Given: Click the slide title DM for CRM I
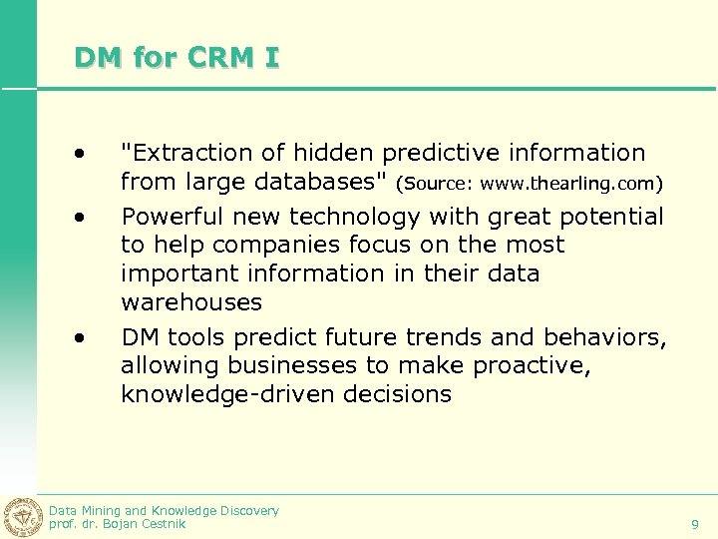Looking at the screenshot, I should point(177,58).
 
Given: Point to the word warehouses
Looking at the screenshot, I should point(191,301).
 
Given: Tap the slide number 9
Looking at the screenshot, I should point(694,524).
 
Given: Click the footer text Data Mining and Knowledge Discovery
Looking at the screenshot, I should point(164,510).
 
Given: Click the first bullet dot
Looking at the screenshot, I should point(79,154).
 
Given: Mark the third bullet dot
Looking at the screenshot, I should point(79,338).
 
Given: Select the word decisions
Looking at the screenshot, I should point(397,394).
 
